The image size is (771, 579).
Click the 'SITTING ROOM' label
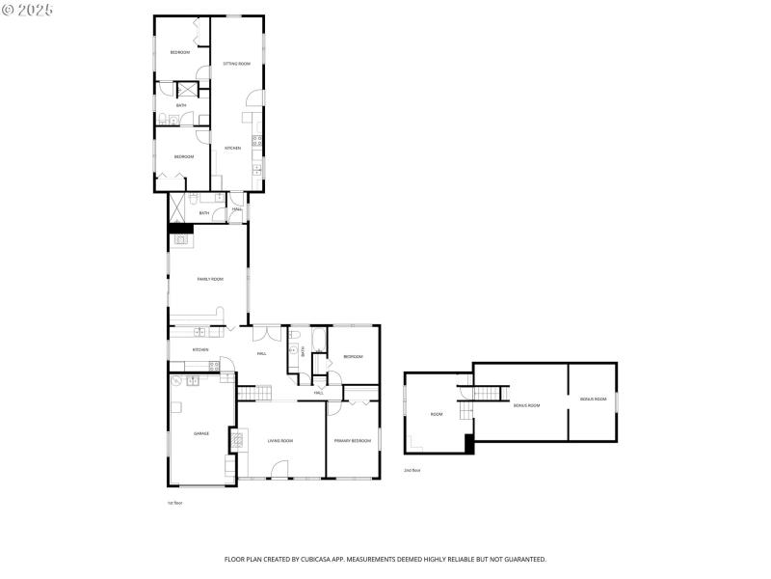pyautogui.click(x=237, y=64)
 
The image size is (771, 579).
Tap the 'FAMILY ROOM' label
pyautogui.click(x=210, y=279)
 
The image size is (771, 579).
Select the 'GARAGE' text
pyautogui.click(x=201, y=433)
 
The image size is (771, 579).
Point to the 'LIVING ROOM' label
pyautogui.click(x=280, y=441)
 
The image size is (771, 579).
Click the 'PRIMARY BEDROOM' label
pyautogui.click(x=353, y=441)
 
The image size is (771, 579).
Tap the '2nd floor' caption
pyautogui.click(x=412, y=470)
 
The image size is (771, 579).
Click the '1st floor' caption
pyautogui.click(x=175, y=503)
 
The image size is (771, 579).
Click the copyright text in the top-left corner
pyautogui.click(x=28, y=9)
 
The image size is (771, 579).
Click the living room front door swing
pyautogui.click(x=279, y=469)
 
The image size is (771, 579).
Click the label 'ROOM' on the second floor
pyautogui.click(x=437, y=414)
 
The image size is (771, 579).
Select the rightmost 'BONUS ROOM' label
pyautogui.click(x=593, y=399)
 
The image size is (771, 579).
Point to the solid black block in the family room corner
pyautogui.click(x=180, y=229)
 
